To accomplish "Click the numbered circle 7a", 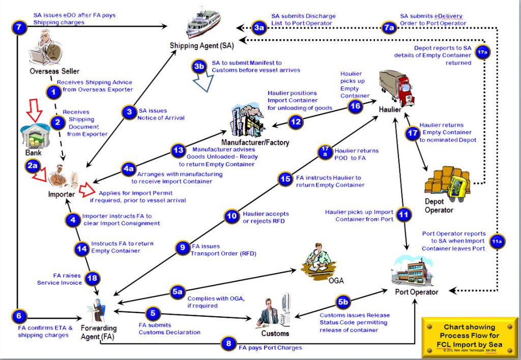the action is click(x=388, y=27).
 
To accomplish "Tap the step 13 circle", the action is click(x=178, y=151).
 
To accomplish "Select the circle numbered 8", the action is click(x=228, y=343).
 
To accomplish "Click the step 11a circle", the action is click(x=497, y=242).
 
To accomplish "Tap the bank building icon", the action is click(x=36, y=136).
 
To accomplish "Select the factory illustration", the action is click(x=248, y=120).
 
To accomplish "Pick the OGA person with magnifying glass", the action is click(x=318, y=262).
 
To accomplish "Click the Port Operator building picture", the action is click(x=412, y=271).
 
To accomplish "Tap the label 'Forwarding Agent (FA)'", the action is click(x=99, y=333).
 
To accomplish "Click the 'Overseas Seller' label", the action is click(x=54, y=71).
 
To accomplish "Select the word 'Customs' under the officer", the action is click(x=275, y=333).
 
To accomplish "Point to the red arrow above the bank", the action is click(x=34, y=110).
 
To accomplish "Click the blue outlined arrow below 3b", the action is click(x=203, y=82).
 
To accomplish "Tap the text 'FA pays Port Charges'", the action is click(x=271, y=348).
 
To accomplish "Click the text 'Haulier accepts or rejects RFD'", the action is click(x=266, y=218).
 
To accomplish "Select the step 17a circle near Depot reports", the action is click(x=482, y=52).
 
